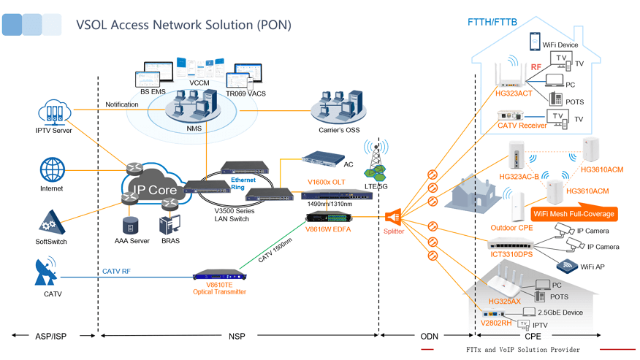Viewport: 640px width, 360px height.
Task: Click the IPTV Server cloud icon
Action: (x=55, y=112)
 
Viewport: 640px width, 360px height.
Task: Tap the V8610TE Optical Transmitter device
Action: (x=218, y=275)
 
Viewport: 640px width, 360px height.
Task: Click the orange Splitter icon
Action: (x=394, y=216)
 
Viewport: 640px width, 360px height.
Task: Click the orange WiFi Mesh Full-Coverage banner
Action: (x=574, y=214)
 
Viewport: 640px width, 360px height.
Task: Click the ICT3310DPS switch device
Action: (x=516, y=244)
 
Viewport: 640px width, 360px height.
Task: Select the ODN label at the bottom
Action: (x=428, y=336)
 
